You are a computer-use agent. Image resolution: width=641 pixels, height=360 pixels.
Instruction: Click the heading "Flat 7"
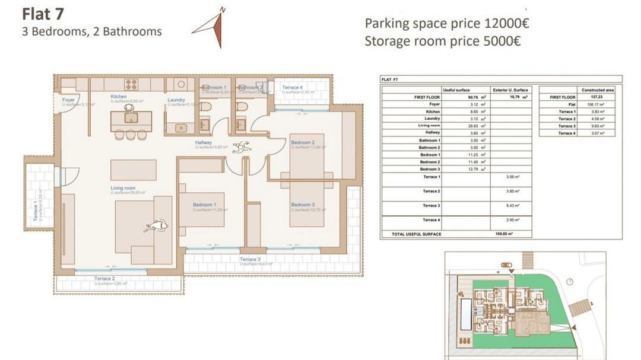tap(43, 13)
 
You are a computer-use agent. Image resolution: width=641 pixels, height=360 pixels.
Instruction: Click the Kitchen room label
tap(119, 97)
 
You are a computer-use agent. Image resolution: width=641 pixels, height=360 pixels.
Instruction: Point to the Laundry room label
tap(176, 100)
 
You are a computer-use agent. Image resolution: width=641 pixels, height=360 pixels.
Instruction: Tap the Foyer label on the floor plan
tap(69, 100)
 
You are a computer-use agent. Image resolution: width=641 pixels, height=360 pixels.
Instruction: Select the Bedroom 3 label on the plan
tap(303, 205)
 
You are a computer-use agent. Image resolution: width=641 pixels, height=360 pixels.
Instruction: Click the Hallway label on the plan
tap(204, 142)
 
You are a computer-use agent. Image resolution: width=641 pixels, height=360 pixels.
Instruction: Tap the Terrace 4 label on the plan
tap(292, 88)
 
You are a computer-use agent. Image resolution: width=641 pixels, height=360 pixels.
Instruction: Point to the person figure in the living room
tap(157, 225)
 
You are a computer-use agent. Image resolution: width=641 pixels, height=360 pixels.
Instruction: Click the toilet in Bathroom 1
tap(205, 107)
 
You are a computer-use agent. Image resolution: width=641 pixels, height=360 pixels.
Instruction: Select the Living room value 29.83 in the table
tap(474, 126)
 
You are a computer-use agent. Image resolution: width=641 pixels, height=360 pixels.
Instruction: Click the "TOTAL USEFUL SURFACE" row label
tap(417, 234)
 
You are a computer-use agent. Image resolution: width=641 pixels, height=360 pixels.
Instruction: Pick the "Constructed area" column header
tap(598, 90)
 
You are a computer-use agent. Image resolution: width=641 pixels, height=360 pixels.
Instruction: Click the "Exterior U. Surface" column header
tap(511, 90)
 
